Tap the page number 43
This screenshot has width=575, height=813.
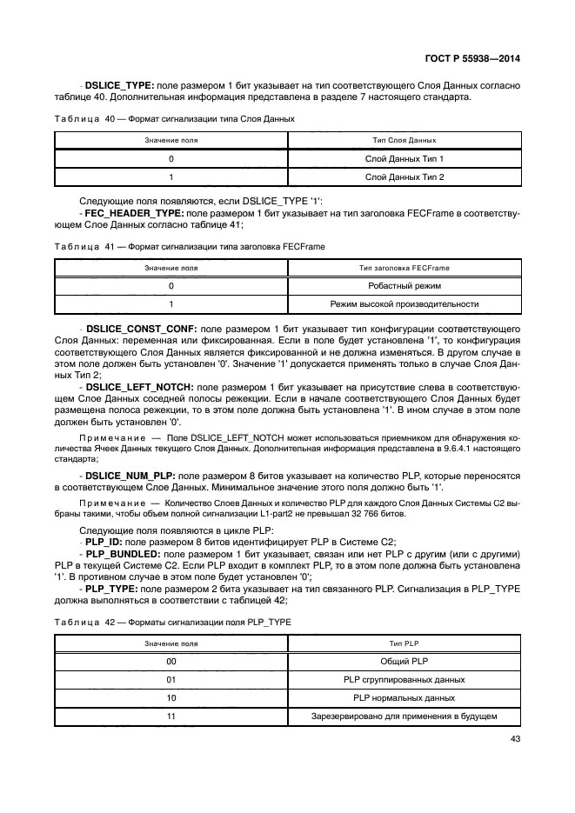514,740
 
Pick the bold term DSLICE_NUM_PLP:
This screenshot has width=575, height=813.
129,476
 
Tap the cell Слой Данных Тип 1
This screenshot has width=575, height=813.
404,159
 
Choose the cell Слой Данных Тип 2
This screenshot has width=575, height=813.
404,177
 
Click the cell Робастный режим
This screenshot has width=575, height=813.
404,286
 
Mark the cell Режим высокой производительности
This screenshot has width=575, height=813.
404,304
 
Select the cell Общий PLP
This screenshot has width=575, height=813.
404,661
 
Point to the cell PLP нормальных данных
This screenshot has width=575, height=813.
404,697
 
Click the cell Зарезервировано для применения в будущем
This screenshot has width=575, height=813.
404,716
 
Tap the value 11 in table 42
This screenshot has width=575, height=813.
170,716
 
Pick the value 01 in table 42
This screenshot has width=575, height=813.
170,679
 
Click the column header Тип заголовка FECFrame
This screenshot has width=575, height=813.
404,268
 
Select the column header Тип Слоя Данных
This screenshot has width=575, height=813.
404,140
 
